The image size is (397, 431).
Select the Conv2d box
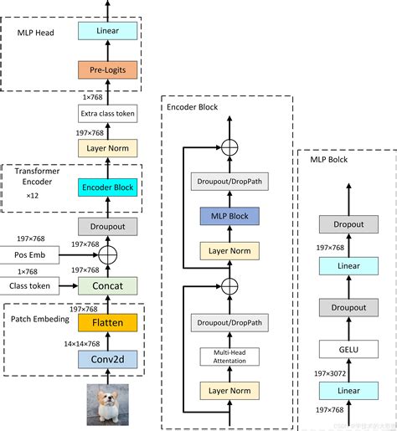pyautogui.click(x=107, y=360)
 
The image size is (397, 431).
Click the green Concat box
pyautogui.click(x=107, y=286)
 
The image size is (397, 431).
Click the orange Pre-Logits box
pyautogui.click(x=107, y=70)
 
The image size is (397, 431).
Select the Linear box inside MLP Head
pyautogui.click(x=107, y=31)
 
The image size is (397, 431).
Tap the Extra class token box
pyautogui.click(x=107, y=113)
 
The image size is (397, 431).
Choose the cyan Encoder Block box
pyautogui.click(x=107, y=187)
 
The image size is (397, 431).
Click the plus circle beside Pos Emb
pyautogui.click(x=107, y=254)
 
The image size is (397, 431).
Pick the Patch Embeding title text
pyautogui.click(x=40, y=318)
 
